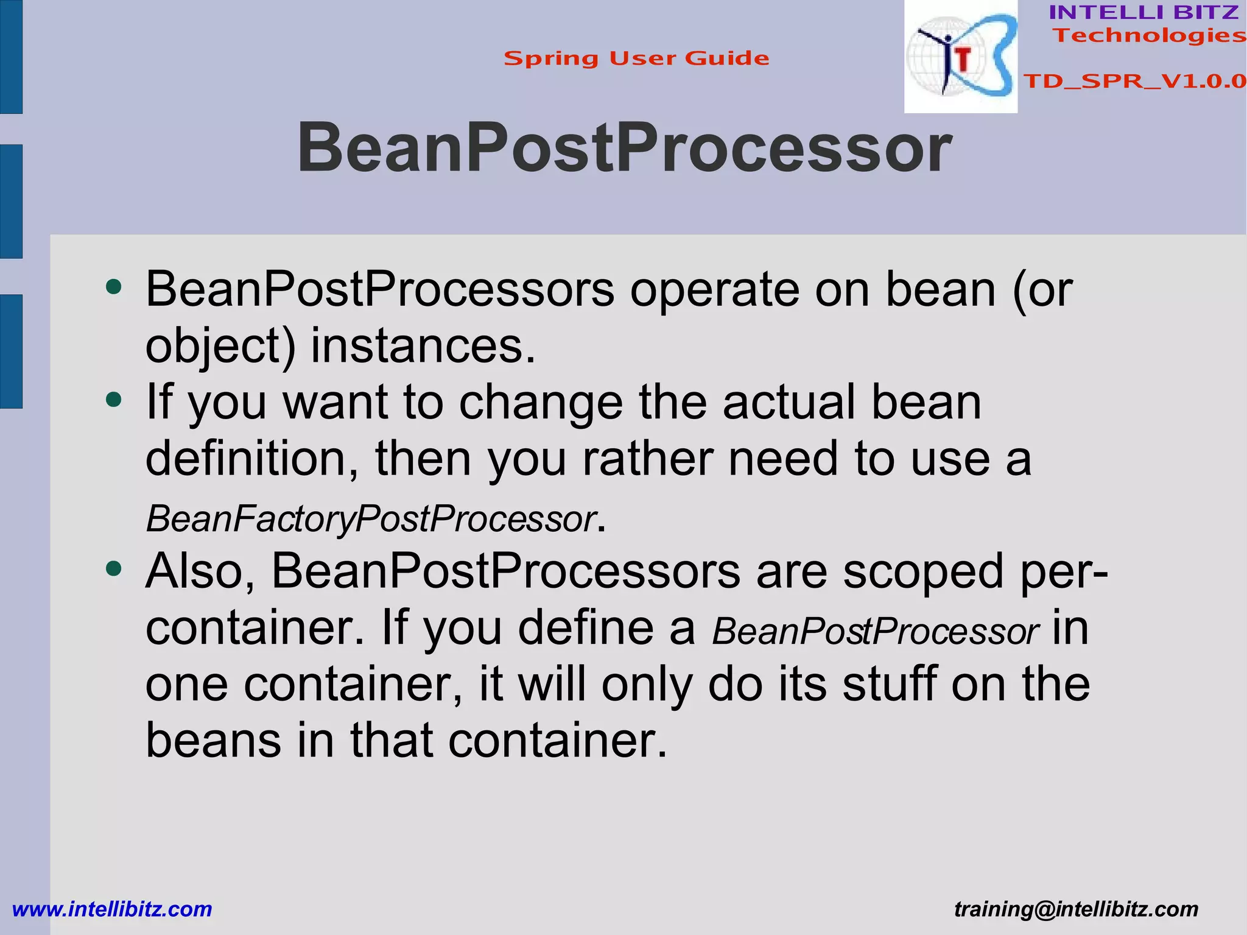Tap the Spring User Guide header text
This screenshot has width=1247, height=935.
click(x=636, y=58)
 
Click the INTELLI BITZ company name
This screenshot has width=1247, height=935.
click(x=1143, y=12)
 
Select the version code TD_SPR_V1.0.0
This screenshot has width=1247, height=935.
click(x=1134, y=81)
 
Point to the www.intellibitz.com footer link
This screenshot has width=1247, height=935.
click(x=112, y=909)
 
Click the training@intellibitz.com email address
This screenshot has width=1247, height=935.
click(x=1076, y=909)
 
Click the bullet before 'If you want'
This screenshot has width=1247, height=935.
click(x=113, y=400)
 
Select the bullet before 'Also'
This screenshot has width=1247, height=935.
click(x=113, y=569)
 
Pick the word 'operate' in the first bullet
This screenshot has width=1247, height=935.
click(x=714, y=290)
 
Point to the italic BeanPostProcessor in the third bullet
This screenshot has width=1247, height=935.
click(x=876, y=632)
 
